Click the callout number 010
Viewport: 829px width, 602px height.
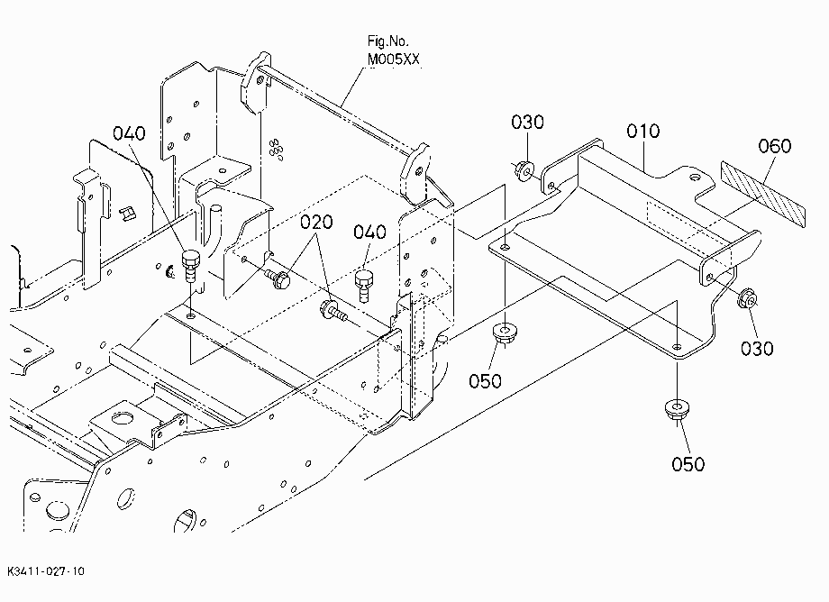click(x=642, y=131)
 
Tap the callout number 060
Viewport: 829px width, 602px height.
click(x=775, y=146)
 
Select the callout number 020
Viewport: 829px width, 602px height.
click(x=316, y=222)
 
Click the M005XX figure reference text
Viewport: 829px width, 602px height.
click(x=394, y=59)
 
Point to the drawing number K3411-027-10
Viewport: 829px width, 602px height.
click(x=46, y=571)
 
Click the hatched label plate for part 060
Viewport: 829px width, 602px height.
click(x=763, y=194)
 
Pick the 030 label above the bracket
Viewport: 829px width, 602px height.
click(x=527, y=122)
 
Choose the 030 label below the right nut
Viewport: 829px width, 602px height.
click(x=757, y=349)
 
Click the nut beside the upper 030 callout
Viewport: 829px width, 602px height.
click(x=524, y=170)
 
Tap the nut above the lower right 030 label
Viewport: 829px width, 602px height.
click(x=746, y=298)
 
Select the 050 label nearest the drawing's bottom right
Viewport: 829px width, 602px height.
click(x=688, y=464)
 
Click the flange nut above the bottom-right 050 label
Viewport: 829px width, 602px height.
click(x=676, y=410)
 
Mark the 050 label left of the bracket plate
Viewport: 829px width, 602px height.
click(x=485, y=380)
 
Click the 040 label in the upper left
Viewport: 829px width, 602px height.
click(x=129, y=133)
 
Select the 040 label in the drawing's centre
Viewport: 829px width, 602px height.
click(x=369, y=232)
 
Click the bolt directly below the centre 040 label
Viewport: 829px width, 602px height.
click(x=364, y=286)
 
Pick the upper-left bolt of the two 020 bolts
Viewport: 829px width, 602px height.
click(x=278, y=278)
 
